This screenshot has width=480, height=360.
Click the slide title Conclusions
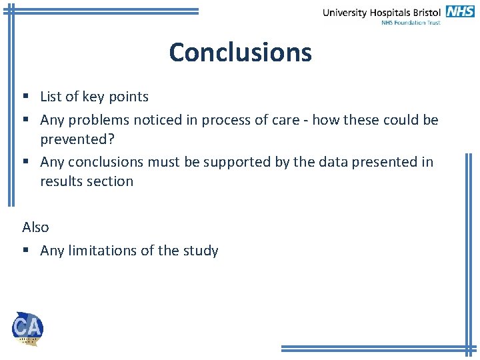click(240, 52)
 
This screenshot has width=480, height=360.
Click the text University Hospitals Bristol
click(382, 12)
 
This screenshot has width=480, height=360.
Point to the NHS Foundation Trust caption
click(411, 23)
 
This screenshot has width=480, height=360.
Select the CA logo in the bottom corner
click(27, 328)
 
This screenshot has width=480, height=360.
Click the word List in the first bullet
click(51, 97)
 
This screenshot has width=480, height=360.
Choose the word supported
click(235, 162)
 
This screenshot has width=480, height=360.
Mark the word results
click(61, 181)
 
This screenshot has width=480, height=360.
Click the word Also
click(35, 227)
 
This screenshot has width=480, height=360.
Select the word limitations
click(100, 251)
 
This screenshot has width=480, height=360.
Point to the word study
click(201, 251)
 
